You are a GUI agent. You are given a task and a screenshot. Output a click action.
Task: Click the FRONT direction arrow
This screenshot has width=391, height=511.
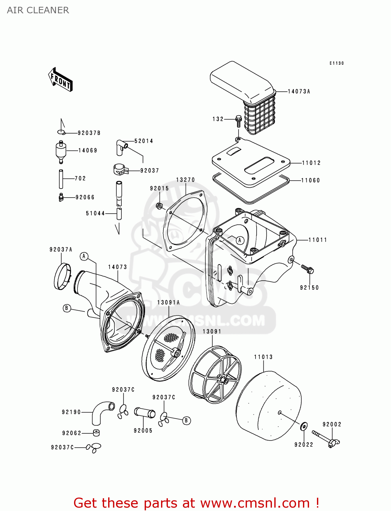pyautogui.click(x=61, y=80)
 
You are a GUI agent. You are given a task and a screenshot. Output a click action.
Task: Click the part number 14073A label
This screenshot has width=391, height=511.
pyautogui.click(x=299, y=91)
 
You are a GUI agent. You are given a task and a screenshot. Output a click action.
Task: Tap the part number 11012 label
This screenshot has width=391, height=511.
pyautogui.click(x=311, y=163)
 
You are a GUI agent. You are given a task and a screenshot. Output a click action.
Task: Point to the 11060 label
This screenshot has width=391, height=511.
pyautogui.click(x=310, y=180)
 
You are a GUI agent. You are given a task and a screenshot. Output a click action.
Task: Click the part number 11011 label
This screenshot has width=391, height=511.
pyautogui.click(x=318, y=240)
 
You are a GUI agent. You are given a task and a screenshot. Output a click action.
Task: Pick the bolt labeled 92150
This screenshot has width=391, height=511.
pyautogui.click(x=308, y=269)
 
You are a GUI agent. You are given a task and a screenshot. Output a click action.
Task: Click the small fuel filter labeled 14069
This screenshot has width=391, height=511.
pyautogui.click(x=60, y=151)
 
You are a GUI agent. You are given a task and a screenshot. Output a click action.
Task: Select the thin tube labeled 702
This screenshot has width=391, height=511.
pyautogui.click(x=61, y=179)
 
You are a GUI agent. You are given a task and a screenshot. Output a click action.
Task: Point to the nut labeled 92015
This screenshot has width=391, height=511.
pyautogui.click(x=159, y=206)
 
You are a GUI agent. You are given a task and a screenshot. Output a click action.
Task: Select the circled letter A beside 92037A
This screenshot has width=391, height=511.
pyautogui.click(x=84, y=256)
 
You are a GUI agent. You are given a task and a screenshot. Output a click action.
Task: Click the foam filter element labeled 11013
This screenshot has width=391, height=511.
pyautogui.click(x=269, y=406)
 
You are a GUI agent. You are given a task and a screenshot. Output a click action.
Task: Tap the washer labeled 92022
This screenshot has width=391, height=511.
pyautogui.click(x=303, y=426)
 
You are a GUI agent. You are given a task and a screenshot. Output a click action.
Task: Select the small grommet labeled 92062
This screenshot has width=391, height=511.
pyautogui.click(x=96, y=433)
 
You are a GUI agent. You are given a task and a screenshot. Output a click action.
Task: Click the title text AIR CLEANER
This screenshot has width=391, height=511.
pyautogui.click(x=38, y=10)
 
